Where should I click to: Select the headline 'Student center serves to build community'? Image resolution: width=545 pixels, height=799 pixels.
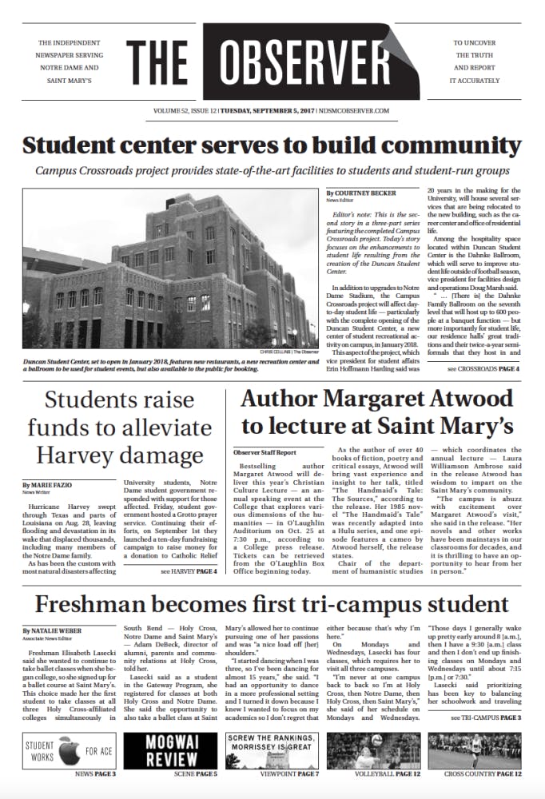[x=272, y=146]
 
